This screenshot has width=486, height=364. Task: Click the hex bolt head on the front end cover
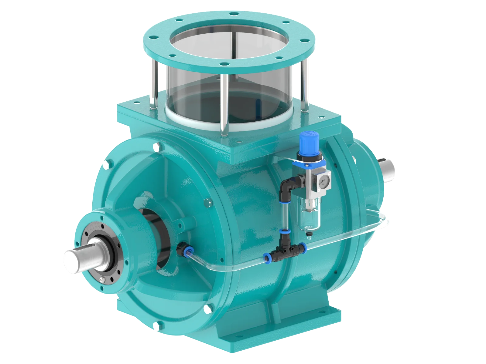click(208, 202)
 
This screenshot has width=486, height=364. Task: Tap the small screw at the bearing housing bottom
click(102, 279)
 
